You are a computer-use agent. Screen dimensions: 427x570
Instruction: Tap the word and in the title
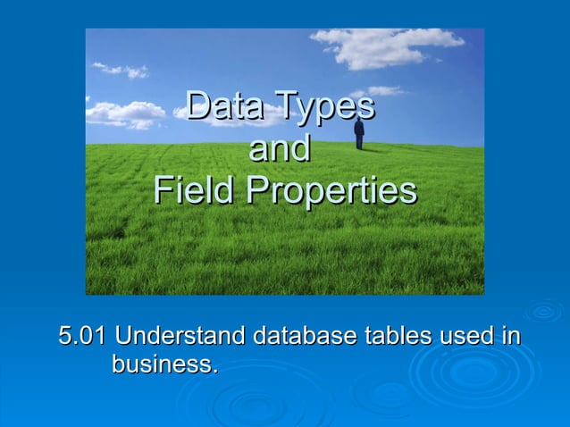tap(279, 148)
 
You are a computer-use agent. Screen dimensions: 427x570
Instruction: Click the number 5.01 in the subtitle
tap(82, 337)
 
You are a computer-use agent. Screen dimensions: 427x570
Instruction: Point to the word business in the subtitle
tap(161, 364)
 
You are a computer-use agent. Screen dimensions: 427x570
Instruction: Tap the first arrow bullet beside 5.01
tap(45, 337)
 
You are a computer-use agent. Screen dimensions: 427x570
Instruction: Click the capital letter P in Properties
tap(257, 190)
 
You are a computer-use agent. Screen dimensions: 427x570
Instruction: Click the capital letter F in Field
tap(162, 190)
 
